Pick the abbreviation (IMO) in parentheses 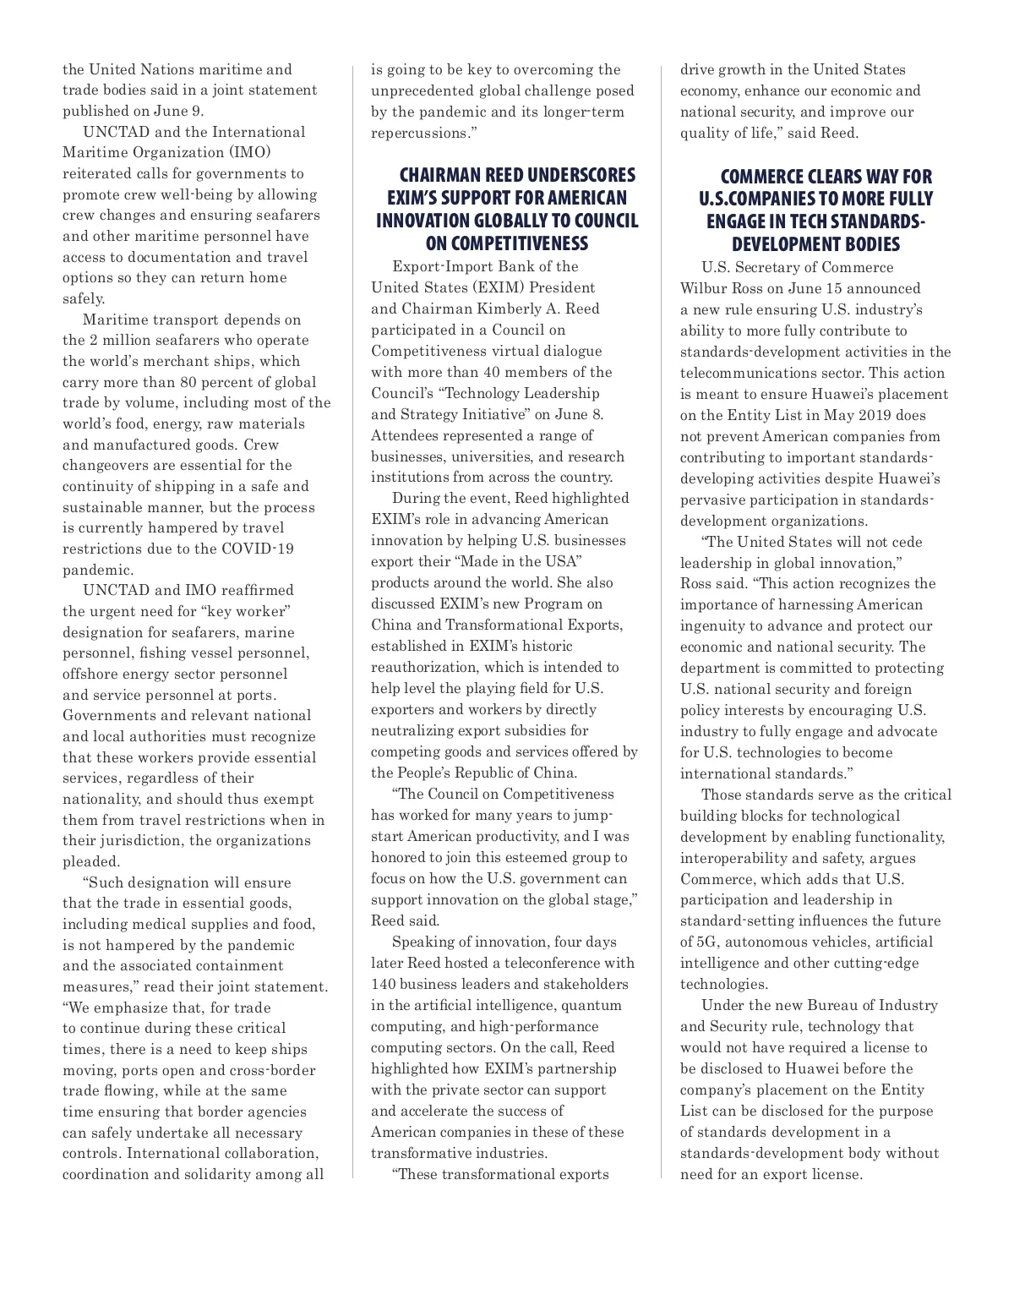(245, 153)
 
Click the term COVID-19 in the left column (258, 549)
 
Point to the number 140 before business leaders (384, 984)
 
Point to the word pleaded (90, 861)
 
